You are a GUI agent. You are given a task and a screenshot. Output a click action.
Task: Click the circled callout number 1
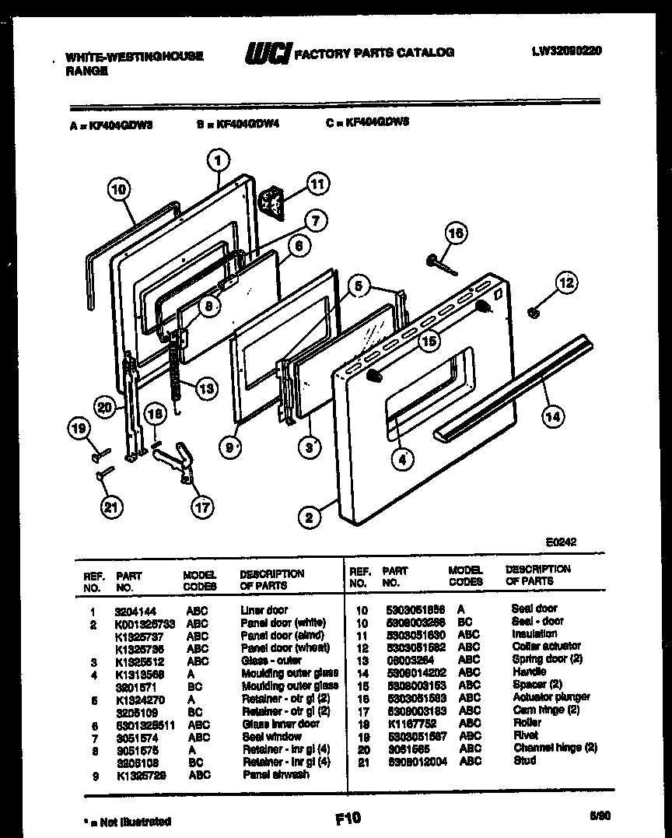(219, 161)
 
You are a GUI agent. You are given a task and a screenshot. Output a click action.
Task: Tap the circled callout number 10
(117, 188)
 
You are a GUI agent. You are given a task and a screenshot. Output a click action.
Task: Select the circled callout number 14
(551, 416)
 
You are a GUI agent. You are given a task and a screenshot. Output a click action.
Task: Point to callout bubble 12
(565, 282)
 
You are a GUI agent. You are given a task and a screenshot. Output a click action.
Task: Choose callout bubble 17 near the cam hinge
(203, 507)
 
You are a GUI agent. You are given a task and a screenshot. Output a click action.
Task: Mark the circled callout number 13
(205, 389)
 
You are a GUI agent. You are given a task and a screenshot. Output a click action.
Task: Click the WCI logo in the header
(268, 54)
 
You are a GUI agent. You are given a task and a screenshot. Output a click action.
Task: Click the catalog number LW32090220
(566, 51)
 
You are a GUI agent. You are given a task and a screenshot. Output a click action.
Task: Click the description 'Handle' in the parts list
(529, 671)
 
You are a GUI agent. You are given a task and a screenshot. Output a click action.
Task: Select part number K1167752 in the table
(408, 723)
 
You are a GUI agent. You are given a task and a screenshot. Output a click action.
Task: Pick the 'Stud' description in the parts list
(523, 760)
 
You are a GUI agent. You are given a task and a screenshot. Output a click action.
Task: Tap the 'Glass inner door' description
(280, 724)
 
